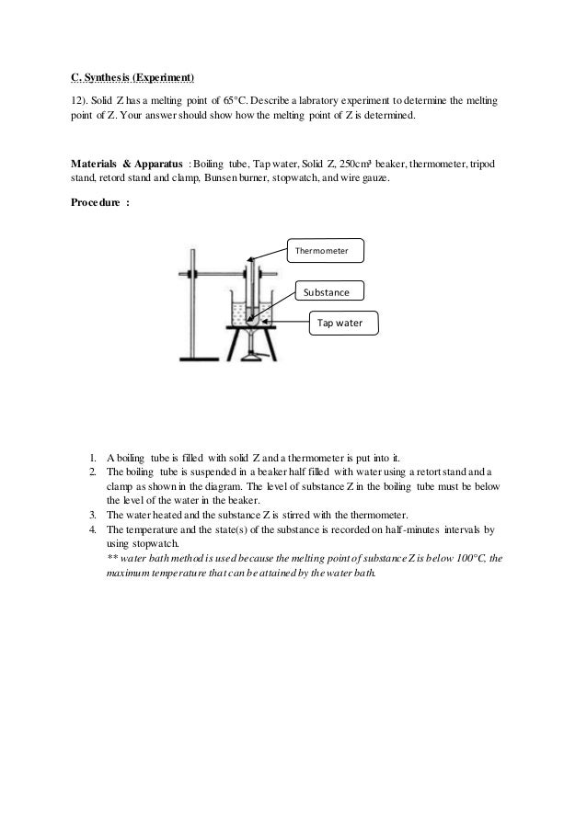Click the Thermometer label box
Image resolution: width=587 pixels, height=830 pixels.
326,248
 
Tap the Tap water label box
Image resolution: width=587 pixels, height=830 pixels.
341,323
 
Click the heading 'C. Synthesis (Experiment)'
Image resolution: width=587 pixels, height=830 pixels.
132,74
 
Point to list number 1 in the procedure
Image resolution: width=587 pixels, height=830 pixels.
93,457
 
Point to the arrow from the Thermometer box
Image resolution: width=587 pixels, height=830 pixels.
268,254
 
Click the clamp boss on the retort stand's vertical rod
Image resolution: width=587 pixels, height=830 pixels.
191,274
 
